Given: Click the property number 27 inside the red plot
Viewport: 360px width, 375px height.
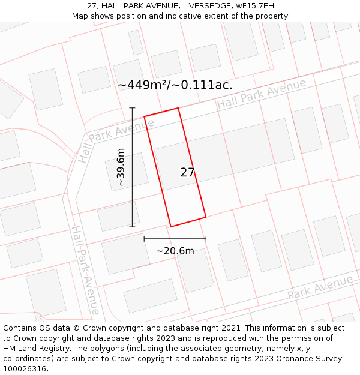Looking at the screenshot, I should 187,173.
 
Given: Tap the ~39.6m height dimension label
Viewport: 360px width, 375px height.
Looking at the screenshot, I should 121,167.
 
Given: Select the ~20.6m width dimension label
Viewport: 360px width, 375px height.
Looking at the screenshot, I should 175,251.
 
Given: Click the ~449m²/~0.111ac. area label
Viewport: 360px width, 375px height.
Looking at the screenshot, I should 175,85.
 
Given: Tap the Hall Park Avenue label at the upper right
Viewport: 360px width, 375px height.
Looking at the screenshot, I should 262,94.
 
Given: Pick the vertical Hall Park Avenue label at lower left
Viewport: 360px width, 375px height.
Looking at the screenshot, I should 86,270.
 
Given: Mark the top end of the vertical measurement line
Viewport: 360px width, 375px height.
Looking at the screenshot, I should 132,107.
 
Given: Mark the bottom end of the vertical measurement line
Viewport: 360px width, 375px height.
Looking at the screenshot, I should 132,227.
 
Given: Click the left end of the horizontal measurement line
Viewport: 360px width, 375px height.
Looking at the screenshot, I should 144,239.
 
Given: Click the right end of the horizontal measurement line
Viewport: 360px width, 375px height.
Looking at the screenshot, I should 206,239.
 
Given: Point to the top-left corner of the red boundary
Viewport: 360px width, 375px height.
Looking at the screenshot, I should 144,115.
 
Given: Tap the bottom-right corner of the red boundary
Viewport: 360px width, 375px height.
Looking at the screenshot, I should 206,217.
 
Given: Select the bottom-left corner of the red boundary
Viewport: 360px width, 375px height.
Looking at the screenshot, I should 171,226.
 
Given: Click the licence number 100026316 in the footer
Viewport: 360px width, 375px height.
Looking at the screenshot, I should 25,369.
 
